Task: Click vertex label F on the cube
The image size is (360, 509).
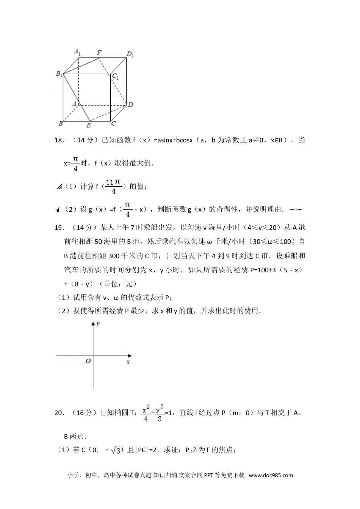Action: [x=99, y=52]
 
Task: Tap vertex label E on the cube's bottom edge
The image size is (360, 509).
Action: [x=89, y=125]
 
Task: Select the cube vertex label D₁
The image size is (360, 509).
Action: [x=130, y=54]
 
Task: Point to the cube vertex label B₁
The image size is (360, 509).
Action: [x=59, y=74]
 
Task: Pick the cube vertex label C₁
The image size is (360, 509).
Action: [x=116, y=77]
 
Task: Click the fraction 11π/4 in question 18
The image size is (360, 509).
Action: [x=113, y=187]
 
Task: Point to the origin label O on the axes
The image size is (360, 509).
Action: [x=88, y=361]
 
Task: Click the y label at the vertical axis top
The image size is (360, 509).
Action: [x=98, y=323]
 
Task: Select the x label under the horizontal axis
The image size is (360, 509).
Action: [x=128, y=362]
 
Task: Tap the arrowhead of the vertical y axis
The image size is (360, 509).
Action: [x=93, y=324]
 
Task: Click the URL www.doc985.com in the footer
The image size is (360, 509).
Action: [x=271, y=475]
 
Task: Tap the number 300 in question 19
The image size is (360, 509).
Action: [x=114, y=256]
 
